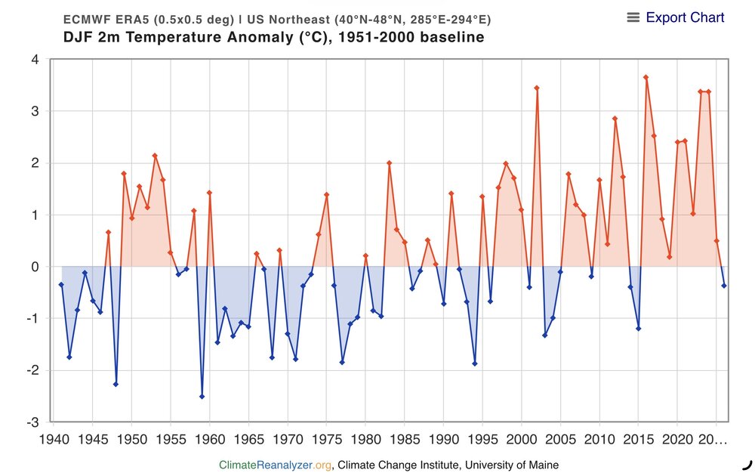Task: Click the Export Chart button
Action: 685,17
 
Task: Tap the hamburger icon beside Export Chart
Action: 633,17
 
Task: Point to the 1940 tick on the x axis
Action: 53,439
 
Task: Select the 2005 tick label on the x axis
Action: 560,439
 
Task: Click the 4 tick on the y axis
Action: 35,60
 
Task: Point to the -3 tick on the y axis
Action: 32,422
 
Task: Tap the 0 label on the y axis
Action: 35,267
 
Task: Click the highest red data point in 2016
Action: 646,77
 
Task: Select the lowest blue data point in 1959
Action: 202,396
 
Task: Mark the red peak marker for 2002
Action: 537,88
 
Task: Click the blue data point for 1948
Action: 116,384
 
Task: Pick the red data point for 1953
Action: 155,156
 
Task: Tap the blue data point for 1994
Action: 475,363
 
